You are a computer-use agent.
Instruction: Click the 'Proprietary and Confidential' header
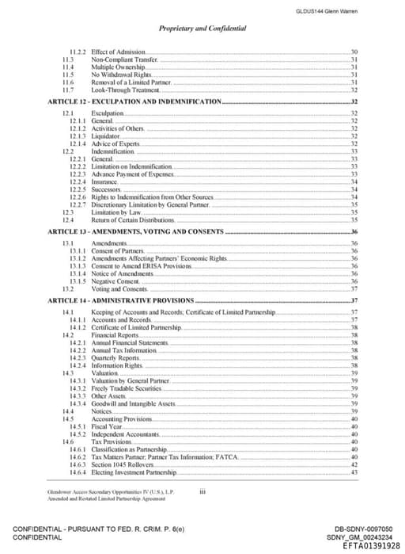[x=202, y=29]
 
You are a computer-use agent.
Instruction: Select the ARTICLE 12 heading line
[x=134, y=102]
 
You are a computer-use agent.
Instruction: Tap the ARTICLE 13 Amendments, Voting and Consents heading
[x=135, y=231]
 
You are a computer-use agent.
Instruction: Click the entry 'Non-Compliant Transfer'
[x=125, y=59]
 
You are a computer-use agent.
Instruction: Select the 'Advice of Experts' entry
[x=115, y=143]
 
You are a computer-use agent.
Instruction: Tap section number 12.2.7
[x=78, y=204]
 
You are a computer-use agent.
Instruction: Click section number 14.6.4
[x=78, y=472]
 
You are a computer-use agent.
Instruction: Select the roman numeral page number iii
[x=203, y=491]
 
